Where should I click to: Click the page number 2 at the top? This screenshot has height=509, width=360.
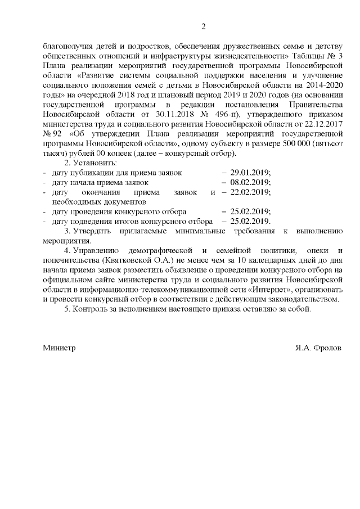tap(204, 26)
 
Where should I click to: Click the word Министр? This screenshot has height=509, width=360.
tap(60, 348)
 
